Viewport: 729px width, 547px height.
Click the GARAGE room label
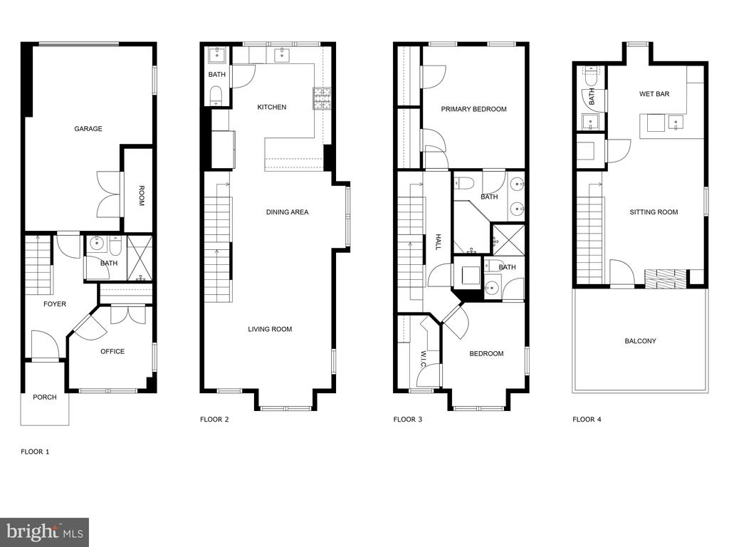click(88, 129)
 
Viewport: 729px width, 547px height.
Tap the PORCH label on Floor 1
click(45, 397)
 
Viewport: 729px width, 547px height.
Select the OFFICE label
click(112, 352)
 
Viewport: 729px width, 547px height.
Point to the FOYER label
click(55, 304)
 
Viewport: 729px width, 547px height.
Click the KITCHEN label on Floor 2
click(272, 108)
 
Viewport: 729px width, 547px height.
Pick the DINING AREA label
click(288, 212)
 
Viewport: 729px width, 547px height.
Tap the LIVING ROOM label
click(270, 329)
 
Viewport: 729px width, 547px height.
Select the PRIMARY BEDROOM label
click(473, 109)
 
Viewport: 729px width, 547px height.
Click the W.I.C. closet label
click(423, 360)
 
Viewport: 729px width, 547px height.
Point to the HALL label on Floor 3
click(437, 242)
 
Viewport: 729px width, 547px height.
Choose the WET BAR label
click(654, 94)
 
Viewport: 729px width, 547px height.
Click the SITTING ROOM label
click(654, 212)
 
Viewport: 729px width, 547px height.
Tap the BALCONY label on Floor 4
click(640, 341)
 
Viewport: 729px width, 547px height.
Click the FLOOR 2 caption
click(214, 420)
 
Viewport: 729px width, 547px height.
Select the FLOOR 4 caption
click(587, 420)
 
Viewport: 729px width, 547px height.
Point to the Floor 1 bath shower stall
click(140, 259)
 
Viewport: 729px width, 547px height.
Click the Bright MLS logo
click(45, 532)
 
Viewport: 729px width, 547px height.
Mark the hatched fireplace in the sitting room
click(666, 278)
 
